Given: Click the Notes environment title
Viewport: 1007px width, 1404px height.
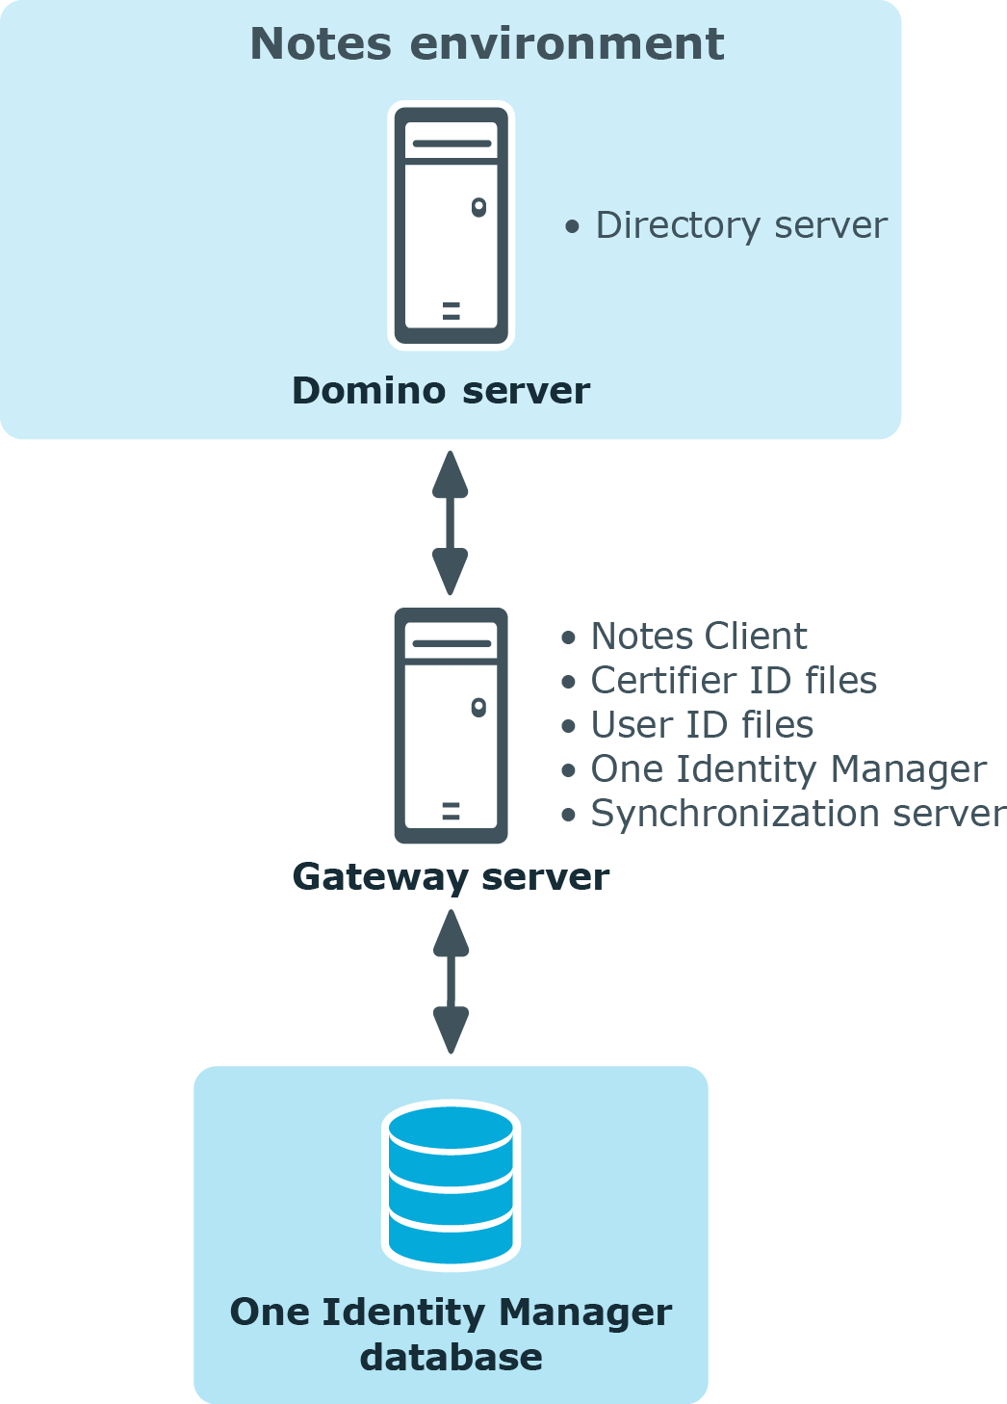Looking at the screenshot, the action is (487, 44).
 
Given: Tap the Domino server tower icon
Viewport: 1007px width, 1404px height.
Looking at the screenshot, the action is (452, 225).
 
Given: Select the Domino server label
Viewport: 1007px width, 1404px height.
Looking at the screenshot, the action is (441, 391).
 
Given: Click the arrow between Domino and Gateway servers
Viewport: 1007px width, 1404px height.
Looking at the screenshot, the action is (450, 523).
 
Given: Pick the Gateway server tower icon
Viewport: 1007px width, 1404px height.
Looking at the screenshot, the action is (452, 725).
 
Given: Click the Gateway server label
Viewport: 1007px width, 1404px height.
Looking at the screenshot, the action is (451, 877).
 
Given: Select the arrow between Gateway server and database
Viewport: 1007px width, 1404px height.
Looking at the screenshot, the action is (451, 981).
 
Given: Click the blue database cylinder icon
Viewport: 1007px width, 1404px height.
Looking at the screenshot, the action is (452, 1185).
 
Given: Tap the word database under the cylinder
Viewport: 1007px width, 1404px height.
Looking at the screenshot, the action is (452, 1358).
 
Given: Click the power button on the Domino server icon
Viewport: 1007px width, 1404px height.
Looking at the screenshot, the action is (478, 207).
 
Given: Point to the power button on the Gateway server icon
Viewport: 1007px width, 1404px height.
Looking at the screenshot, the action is (478, 707).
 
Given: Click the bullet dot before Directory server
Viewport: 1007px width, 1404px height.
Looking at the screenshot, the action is (572, 227).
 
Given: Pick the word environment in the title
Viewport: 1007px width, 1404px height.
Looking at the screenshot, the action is (567, 44).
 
